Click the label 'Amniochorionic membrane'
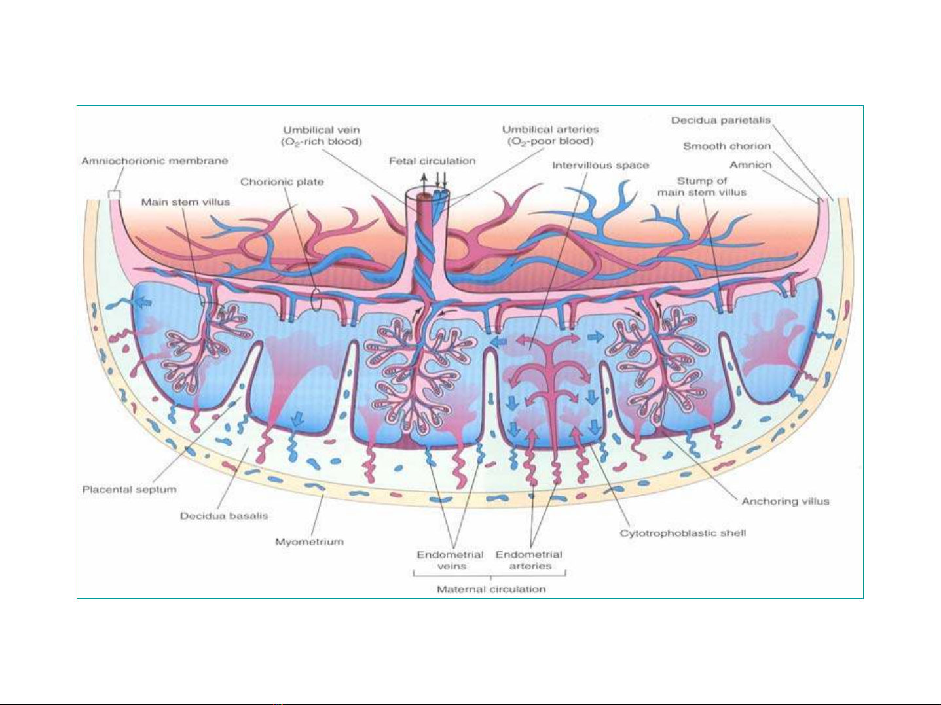click(x=155, y=161)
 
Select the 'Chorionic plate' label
click(x=282, y=182)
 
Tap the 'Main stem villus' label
click(x=185, y=202)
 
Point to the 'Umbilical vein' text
click(x=321, y=130)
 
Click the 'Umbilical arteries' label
click(x=551, y=130)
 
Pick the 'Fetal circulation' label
click(x=432, y=161)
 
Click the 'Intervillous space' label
click(x=600, y=166)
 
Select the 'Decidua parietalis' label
click(x=721, y=120)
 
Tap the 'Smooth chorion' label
click(x=727, y=146)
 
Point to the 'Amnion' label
click(x=750, y=165)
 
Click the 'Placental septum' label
click(x=130, y=490)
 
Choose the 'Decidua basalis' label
click(x=224, y=516)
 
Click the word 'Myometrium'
click(x=309, y=542)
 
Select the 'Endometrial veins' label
click(x=450, y=560)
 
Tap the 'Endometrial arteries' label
click(x=529, y=560)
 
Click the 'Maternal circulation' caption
click(x=491, y=589)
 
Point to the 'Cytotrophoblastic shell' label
click(x=683, y=533)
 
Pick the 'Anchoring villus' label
click(x=785, y=501)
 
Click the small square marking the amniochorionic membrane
click(x=115, y=195)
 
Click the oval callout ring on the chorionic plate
click(x=312, y=299)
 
